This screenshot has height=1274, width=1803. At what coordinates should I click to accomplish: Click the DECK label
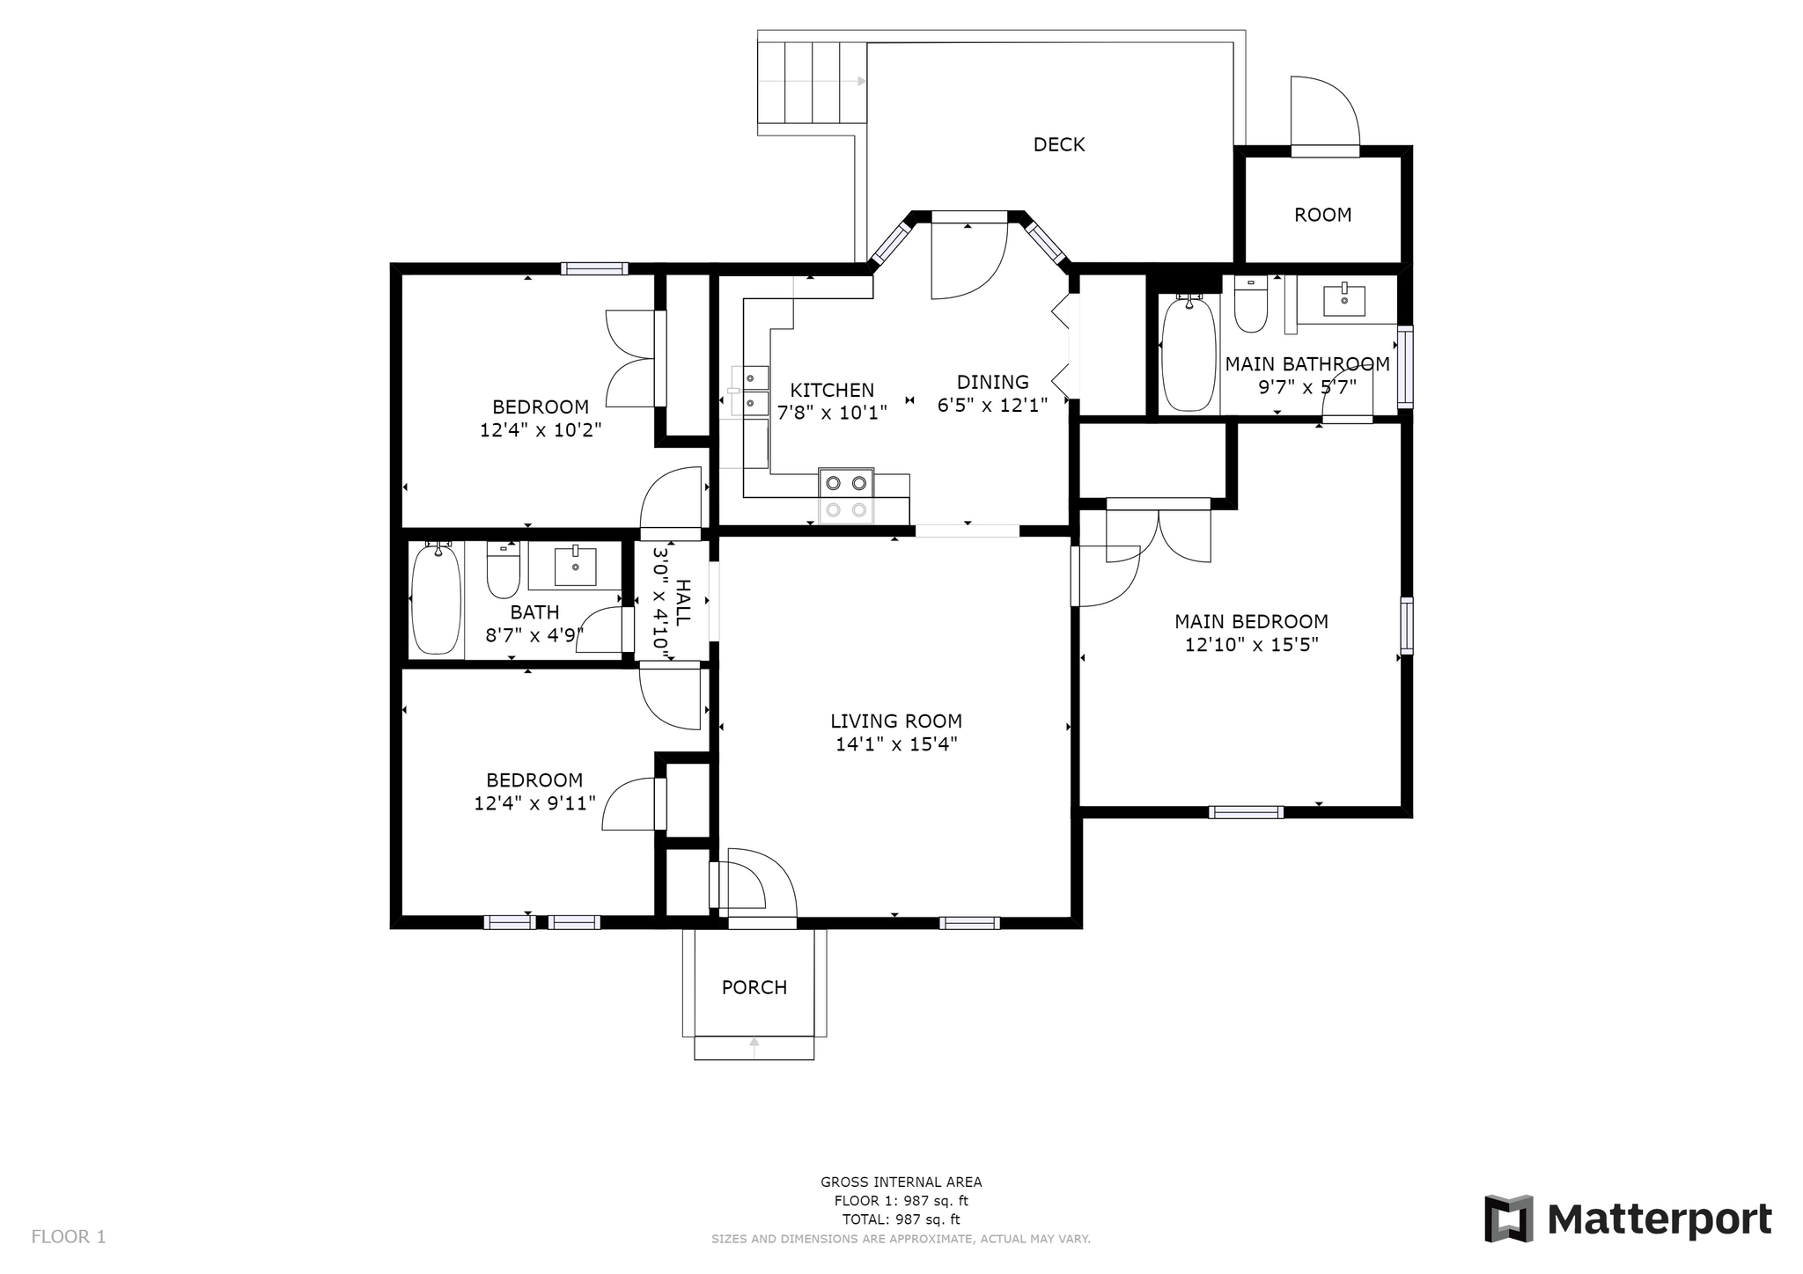point(1058,144)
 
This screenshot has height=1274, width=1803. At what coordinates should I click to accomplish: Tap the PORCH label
point(754,987)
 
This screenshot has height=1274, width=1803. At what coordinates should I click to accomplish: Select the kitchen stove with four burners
point(846,495)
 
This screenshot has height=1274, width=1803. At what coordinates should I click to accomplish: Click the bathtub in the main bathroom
point(1189,354)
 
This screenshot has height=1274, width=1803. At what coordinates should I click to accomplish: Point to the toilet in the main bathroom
point(1250,304)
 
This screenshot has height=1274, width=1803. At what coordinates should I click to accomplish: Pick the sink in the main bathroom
point(1344,299)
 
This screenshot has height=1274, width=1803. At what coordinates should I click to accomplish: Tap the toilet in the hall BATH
point(504,569)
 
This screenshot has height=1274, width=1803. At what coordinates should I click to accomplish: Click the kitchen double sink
point(754,391)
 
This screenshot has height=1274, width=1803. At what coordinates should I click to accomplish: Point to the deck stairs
point(812,82)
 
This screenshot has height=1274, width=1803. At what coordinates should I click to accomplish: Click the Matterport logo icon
point(1509,1219)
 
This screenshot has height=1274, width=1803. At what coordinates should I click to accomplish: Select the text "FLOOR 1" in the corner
point(69,1237)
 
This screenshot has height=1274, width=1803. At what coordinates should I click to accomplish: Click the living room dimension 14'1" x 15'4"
point(896,744)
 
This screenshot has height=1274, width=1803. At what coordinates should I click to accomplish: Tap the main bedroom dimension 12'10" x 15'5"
point(1251,645)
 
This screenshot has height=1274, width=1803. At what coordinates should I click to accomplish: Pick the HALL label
point(683,602)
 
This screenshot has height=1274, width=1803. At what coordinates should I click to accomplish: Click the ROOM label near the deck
point(1322,215)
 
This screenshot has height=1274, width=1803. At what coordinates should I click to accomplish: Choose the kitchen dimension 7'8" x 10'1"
point(832,411)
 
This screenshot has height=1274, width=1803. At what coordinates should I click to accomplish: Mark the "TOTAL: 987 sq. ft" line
point(901,1219)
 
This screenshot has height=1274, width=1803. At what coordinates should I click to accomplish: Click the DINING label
point(993,382)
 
